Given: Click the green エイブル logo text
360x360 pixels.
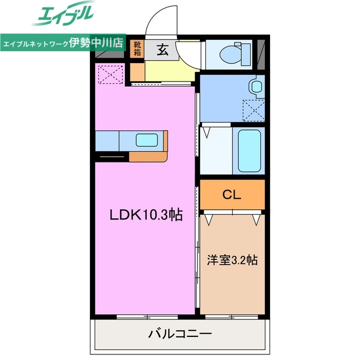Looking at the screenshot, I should [x=65, y=15].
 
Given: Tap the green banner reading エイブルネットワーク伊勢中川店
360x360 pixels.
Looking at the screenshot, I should [x=62, y=44].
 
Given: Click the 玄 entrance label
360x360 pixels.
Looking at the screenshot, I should [x=161, y=50].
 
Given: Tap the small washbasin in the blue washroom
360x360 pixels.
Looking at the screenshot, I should [x=256, y=87].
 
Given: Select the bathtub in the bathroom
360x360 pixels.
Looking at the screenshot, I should [x=249, y=150].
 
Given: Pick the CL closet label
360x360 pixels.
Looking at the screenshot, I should [x=231, y=195].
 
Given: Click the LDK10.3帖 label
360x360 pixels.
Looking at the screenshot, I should [x=146, y=214].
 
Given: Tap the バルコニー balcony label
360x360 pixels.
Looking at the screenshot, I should [x=180, y=334].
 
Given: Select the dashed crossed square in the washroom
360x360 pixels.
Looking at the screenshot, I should [x=253, y=110].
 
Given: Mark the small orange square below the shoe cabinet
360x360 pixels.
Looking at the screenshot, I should [x=137, y=71].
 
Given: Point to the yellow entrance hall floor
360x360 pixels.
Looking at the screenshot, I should [x=169, y=70].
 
